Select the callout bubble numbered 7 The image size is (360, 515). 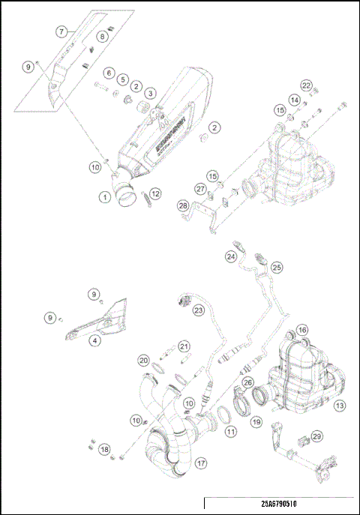62,31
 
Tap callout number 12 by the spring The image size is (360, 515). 155,194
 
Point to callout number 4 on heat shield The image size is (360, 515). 94,340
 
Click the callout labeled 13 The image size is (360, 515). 339,406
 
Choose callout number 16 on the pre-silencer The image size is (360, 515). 301,330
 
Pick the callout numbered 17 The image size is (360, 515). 200,463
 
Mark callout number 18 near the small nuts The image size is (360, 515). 103,449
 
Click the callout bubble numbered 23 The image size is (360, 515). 199,310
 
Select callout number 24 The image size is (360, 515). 232,257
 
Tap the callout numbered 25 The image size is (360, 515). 276,266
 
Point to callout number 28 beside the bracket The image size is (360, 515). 182,205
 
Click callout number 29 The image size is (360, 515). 316,436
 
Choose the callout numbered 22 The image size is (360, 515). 306,85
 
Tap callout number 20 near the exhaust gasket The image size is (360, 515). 143,360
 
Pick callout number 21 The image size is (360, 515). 183,346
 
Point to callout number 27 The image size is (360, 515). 200,188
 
